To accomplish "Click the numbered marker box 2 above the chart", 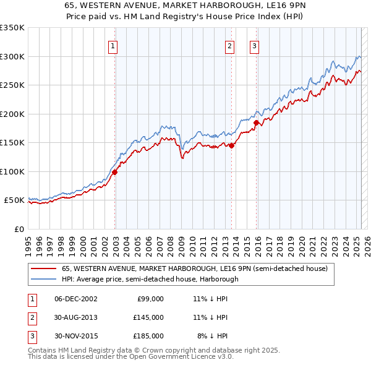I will [229, 45].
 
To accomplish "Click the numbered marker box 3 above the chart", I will [254, 45].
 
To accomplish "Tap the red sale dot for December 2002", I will [115, 173].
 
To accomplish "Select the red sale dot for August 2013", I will [232, 146].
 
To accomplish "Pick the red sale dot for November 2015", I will [256, 123].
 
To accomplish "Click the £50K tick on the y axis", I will [15, 200].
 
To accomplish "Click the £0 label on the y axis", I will [19, 229].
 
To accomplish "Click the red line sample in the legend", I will [43, 269].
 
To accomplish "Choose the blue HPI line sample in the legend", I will [43, 279].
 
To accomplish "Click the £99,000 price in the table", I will [149, 299].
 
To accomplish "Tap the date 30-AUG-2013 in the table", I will [76, 317].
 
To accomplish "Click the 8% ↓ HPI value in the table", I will [211, 336].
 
